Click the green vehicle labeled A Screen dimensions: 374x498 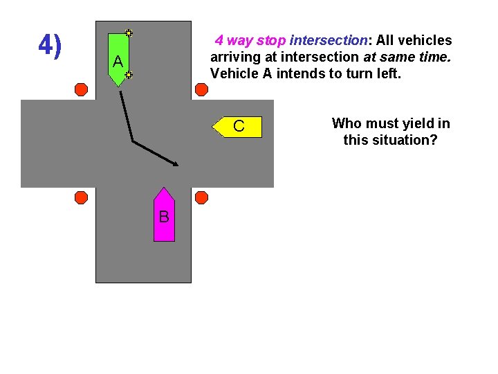point(118,60)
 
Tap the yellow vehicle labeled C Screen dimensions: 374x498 point(238,127)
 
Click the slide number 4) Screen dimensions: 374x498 point(50,46)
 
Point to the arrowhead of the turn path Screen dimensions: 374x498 point(176,164)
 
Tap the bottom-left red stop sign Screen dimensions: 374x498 point(81,197)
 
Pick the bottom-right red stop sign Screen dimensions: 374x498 point(201,197)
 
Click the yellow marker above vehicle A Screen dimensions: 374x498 point(129,33)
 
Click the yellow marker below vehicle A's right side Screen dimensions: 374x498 point(129,74)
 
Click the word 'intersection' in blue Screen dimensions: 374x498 point(329,41)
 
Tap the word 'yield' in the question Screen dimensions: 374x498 point(409,124)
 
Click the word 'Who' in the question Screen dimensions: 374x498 point(346,124)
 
